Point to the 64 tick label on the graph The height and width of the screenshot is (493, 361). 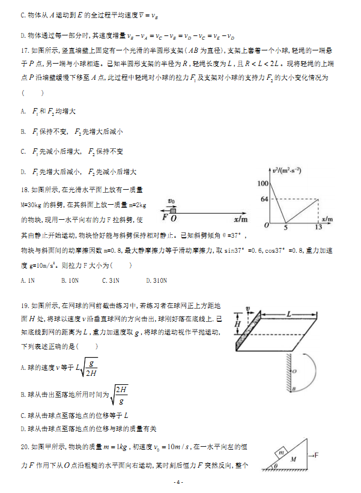264,199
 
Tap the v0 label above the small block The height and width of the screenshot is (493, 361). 172,201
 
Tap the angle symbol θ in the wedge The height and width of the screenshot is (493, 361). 276,465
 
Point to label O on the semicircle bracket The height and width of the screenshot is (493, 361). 294,372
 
